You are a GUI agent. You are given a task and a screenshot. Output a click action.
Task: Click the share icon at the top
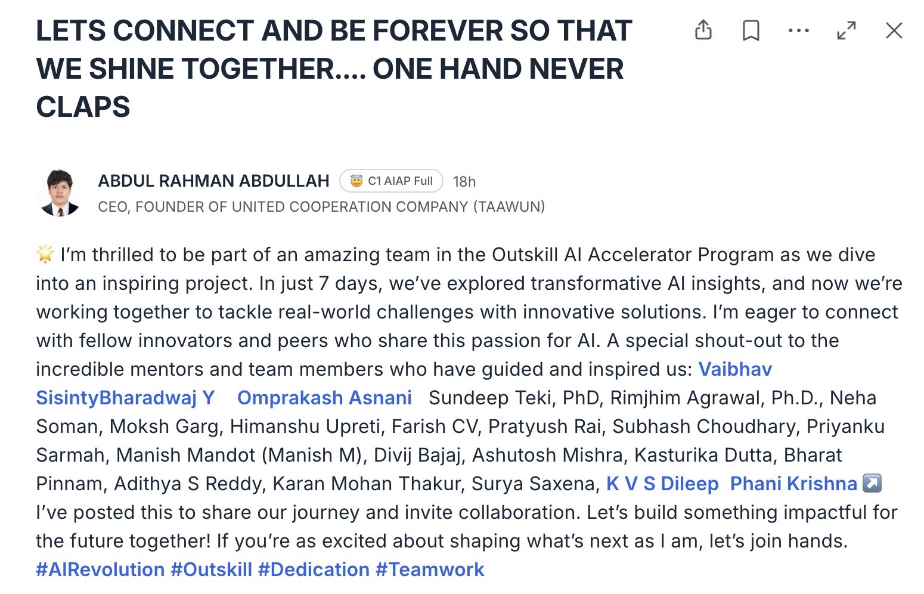(703, 30)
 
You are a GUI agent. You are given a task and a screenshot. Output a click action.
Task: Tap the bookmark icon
(751, 30)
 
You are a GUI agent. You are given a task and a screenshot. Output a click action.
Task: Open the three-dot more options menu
(799, 30)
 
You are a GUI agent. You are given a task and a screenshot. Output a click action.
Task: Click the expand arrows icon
(847, 30)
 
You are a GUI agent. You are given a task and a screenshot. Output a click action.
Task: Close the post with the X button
(894, 30)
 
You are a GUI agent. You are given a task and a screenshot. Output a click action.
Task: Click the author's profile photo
(60, 193)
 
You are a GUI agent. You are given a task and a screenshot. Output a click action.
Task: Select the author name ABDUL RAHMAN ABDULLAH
(213, 181)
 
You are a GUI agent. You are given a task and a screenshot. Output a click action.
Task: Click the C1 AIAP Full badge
(391, 181)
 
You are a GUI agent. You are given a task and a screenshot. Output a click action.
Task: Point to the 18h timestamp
(464, 182)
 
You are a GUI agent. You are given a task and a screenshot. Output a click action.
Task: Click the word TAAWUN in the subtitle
(509, 207)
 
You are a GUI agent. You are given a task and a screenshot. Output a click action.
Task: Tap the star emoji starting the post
(45, 254)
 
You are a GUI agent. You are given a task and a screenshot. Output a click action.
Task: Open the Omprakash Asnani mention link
(324, 398)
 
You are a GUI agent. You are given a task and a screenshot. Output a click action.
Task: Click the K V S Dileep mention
(662, 484)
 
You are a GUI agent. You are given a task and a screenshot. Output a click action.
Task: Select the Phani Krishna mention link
(793, 484)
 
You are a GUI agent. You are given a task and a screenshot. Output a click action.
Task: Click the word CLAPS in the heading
(83, 107)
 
